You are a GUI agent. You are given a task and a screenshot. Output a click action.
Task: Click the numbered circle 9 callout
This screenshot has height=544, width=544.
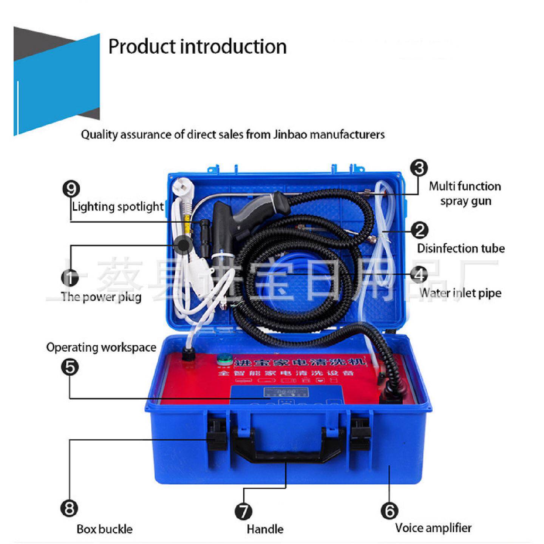tap(71, 189)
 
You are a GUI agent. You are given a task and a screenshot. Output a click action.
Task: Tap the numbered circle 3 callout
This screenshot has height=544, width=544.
tap(419, 168)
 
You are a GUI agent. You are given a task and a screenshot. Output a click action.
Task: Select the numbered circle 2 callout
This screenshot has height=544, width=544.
tap(419, 230)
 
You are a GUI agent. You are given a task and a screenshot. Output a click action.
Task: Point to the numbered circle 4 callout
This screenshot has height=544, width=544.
tap(419, 275)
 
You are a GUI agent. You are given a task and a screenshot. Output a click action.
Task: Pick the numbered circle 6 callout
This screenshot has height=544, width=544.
tap(389, 511)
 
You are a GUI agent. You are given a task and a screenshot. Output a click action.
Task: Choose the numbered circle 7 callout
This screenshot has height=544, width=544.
tap(244, 512)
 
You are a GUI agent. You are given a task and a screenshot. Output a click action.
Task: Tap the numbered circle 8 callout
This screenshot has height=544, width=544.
tap(69, 508)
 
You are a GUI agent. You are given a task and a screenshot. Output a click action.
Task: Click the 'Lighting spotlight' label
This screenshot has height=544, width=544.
tap(118, 207)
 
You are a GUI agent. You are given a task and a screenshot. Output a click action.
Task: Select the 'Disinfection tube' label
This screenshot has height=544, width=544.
tap(461, 248)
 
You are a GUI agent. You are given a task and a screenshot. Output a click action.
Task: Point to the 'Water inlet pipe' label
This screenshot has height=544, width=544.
tap(461, 293)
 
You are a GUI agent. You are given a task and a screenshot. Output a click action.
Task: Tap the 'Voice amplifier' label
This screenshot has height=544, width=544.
tap(433, 528)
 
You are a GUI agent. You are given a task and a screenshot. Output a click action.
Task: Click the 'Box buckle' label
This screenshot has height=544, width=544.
tap(105, 529)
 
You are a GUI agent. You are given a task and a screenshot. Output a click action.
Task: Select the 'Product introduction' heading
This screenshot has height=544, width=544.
tap(197, 46)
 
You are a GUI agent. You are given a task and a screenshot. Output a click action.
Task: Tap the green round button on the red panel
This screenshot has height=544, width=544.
tap(224, 360)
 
